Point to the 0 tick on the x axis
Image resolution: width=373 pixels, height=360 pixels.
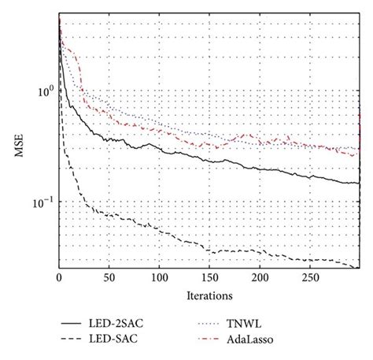(x=59, y=279)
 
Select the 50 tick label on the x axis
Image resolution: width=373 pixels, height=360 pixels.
(x=109, y=279)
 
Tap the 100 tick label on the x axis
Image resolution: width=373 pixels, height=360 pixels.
(x=160, y=279)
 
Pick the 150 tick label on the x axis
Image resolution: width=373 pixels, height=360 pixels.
(x=210, y=279)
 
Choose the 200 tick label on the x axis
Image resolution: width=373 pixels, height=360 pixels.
(x=260, y=279)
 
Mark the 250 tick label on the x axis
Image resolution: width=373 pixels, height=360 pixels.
(x=311, y=279)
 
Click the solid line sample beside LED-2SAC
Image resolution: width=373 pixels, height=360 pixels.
(x=77, y=323)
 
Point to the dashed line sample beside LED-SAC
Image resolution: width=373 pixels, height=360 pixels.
(x=77, y=340)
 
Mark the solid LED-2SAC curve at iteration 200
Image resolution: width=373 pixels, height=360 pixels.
(x=260, y=169)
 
